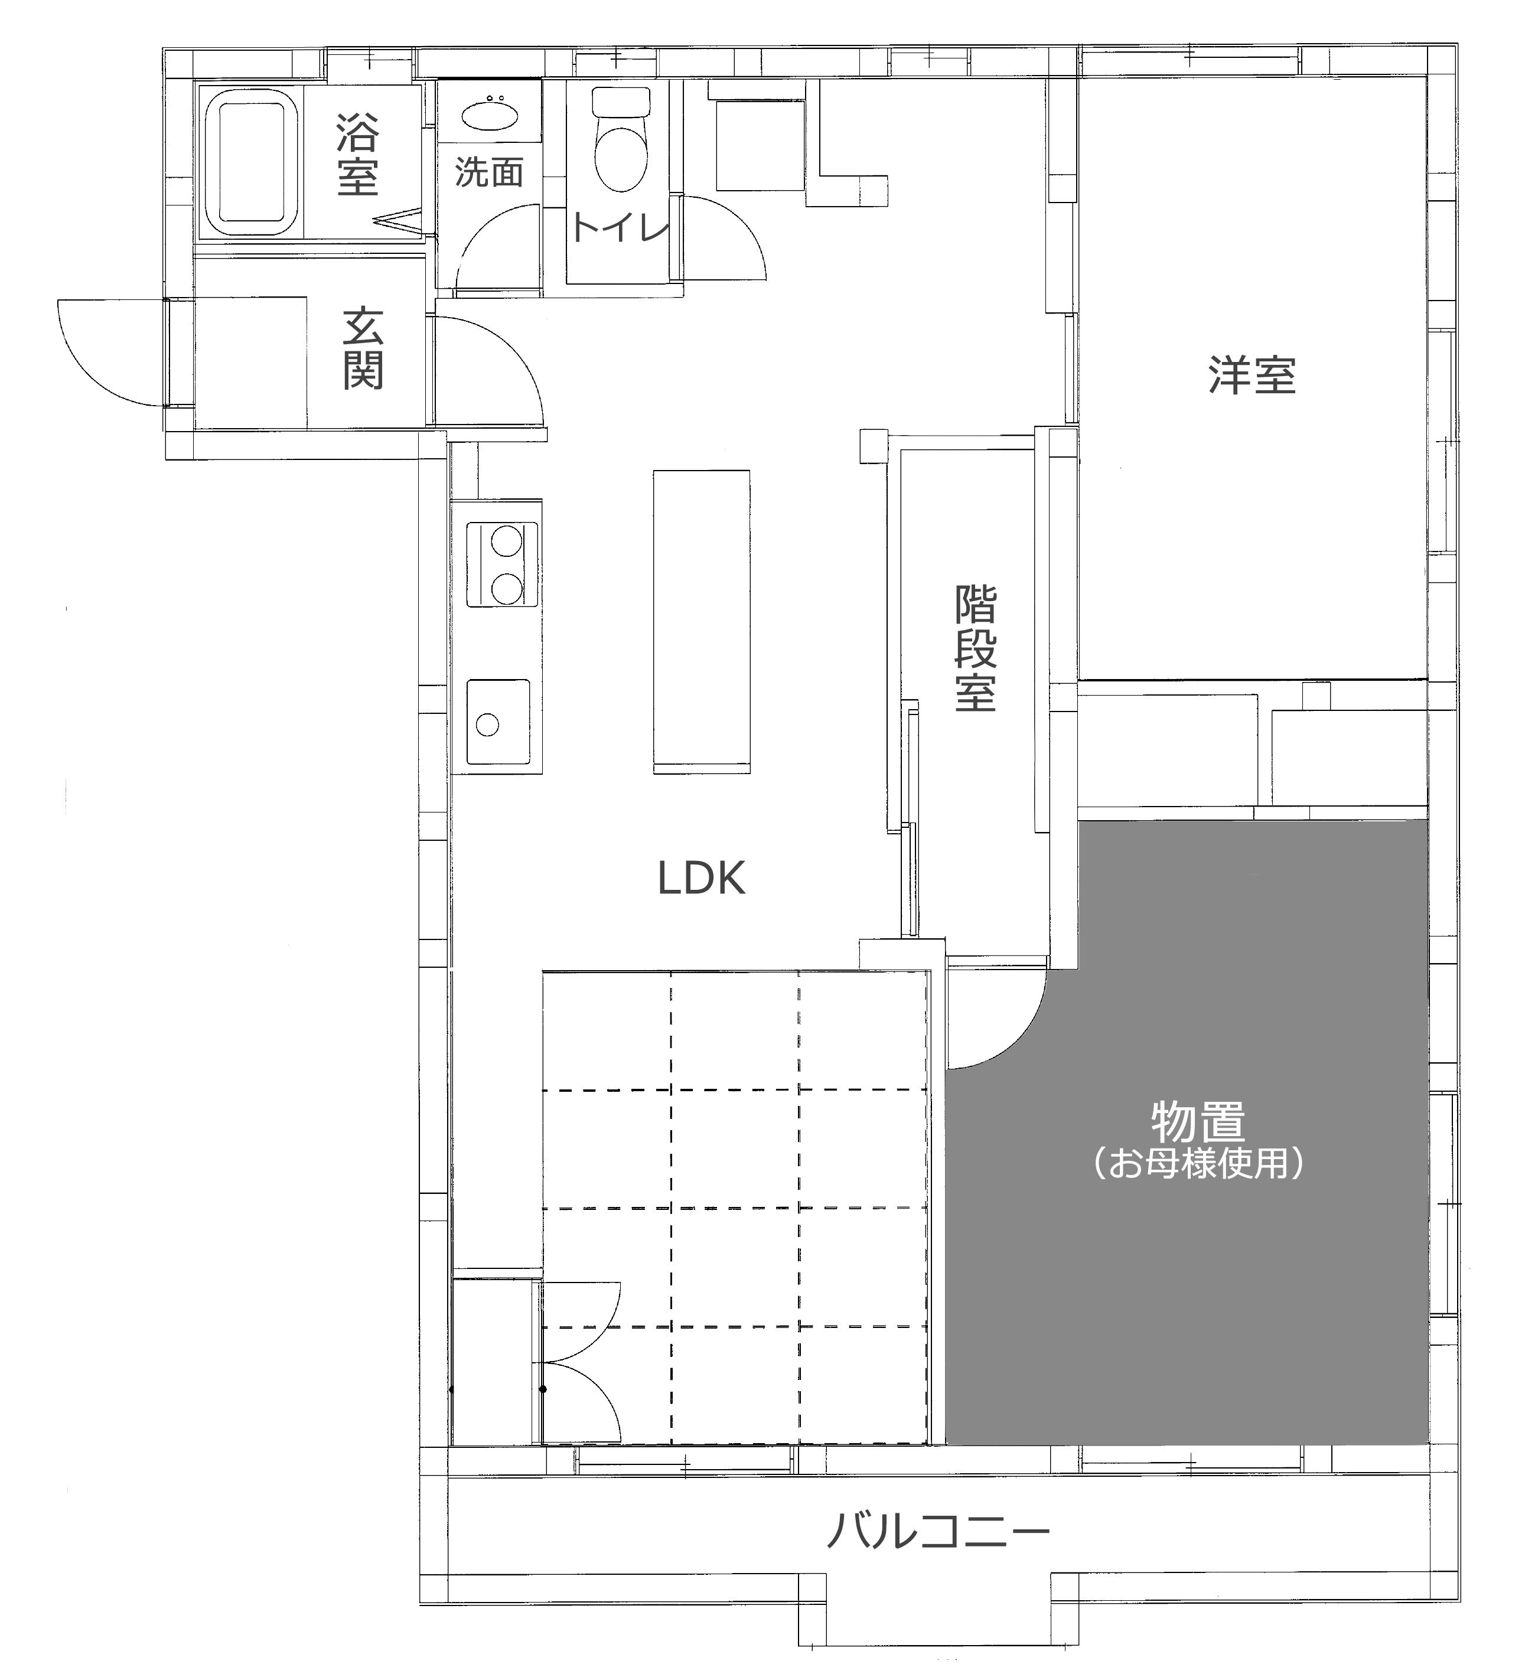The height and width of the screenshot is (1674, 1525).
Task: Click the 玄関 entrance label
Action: click(363, 348)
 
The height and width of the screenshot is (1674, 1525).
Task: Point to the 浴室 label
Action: click(357, 155)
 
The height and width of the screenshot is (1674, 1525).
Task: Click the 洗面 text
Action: click(489, 172)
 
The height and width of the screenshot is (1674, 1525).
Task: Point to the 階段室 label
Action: click(975, 648)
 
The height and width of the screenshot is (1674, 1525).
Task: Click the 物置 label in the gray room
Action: click(1198, 1121)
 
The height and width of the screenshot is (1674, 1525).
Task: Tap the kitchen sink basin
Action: click(497, 722)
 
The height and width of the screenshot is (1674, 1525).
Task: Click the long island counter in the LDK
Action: click(701, 622)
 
